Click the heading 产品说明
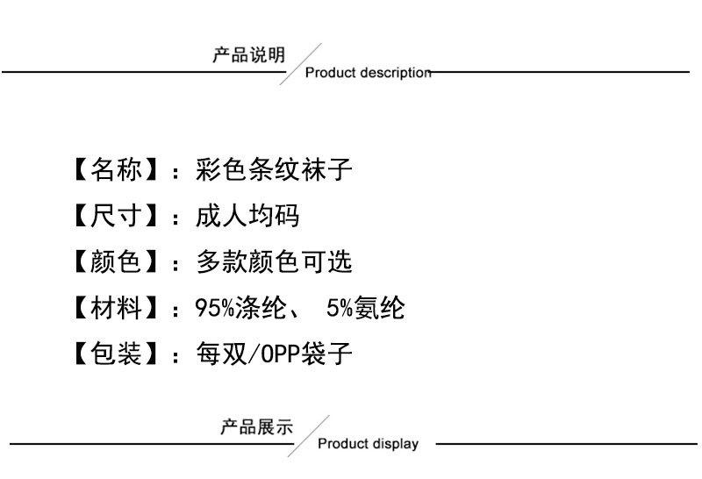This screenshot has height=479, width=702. (249, 56)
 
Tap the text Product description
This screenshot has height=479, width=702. (368, 73)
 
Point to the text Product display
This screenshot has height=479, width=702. (368, 444)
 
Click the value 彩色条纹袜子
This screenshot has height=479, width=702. (274, 169)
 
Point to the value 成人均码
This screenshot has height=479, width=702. (247, 216)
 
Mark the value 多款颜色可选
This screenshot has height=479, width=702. (274, 261)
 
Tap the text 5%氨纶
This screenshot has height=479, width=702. (365, 308)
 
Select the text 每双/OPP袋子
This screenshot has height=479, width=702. (274, 354)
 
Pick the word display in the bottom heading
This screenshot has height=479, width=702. (397, 444)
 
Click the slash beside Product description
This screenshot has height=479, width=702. (300, 64)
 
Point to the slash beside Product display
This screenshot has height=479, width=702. (309, 436)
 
